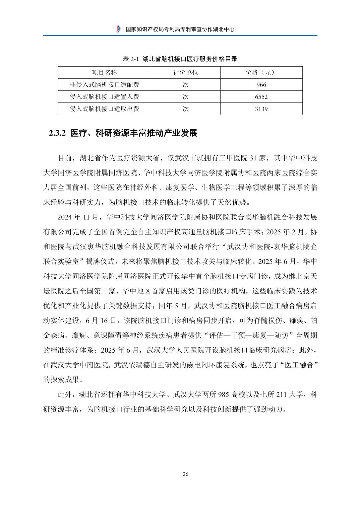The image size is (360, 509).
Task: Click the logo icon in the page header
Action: (x=118, y=29)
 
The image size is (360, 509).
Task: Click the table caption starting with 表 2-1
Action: (x=180, y=59)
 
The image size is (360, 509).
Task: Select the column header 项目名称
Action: (x=104, y=73)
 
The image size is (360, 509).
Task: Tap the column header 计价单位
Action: (x=186, y=73)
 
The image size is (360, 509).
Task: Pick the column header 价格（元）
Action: (x=261, y=73)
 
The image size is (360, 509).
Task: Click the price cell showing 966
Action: (x=261, y=85)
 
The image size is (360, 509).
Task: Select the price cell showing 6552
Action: (x=261, y=97)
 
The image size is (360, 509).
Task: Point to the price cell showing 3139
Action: (x=261, y=109)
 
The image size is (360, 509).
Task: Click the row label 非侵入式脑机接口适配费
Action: (x=104, y=85)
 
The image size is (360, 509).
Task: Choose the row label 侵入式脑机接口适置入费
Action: (x=104, y=97)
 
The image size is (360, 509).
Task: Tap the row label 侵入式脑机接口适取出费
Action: (x=104, y=109)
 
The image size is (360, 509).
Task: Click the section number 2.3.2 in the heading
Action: (x=59, y=133)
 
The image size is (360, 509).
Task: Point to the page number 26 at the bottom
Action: (x=186, y=474)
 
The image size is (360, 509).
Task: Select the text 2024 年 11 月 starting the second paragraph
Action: (x=79, y=217)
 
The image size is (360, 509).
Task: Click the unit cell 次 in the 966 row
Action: (x=186, y=85)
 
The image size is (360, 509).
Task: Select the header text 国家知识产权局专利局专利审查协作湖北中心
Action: (x=180, y=29)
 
